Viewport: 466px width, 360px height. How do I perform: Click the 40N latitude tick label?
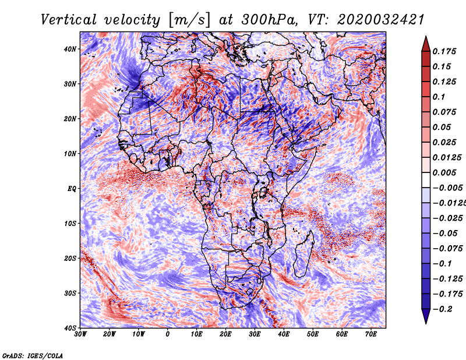[70, 49]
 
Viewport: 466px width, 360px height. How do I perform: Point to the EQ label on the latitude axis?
[72, 189]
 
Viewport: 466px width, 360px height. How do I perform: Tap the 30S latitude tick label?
[70, 293]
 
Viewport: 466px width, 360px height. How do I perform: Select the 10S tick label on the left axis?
[70, 223]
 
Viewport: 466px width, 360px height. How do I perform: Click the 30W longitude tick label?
[80, 334]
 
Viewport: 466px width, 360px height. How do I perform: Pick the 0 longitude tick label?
[168, 334]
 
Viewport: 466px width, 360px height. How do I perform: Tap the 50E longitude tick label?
[313, 334]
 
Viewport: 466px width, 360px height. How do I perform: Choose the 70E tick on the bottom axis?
[371, 334]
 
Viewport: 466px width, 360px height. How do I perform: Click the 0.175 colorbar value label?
[444, 51]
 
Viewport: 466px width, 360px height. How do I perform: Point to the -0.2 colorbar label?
[443, 309]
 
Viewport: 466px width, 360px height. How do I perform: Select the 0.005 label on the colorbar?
[444, 172]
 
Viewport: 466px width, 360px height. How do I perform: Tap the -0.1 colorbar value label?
[443, 263]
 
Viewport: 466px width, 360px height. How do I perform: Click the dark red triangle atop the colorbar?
[426, 45]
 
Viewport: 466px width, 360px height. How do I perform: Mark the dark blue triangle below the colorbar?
[426, 315]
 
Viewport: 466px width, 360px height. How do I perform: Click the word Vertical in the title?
[69, 20]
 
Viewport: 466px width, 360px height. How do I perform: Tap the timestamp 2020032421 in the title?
[381, 20]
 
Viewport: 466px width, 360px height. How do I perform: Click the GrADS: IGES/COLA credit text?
[33, 355]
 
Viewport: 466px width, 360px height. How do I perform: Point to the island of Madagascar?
[304, 253]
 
